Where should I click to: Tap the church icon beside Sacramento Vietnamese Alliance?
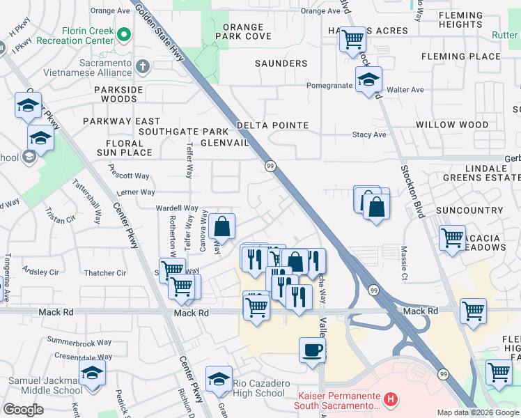pos(143,68)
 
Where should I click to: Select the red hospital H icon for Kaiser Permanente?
pos(391,399)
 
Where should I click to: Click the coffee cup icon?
pos(312,349)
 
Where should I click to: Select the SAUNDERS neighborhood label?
pos(281,63)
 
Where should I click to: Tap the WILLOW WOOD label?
pos(452,125)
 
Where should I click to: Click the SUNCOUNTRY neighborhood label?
pos(469,210)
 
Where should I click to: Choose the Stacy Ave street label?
pos(369,134)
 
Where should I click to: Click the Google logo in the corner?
pos(23,410)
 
